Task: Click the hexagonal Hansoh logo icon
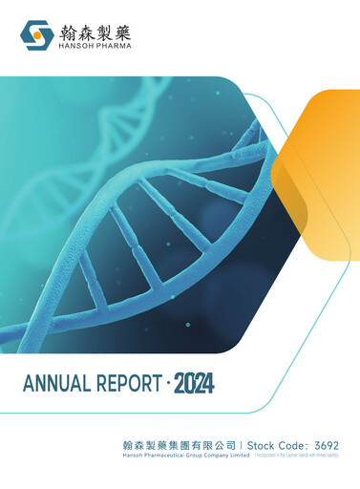[37, 35]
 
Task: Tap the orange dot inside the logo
[38, 36]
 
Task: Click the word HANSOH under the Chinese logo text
[74, 44]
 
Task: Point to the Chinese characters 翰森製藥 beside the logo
[94, 30]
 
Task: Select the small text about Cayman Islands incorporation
[297, 456]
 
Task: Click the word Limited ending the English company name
[238, 456]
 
